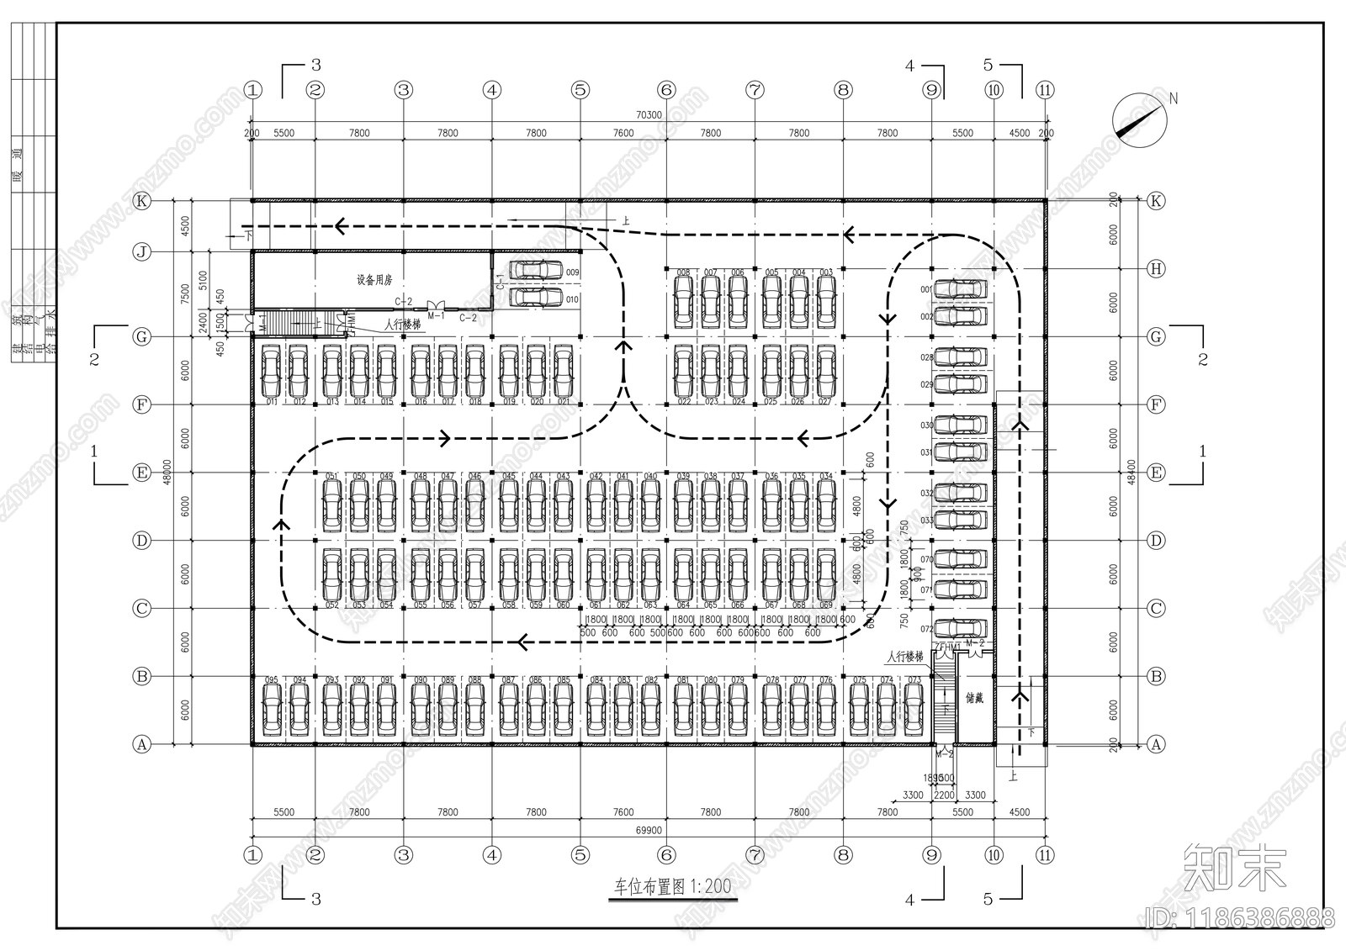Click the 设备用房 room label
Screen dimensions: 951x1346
[374, 280]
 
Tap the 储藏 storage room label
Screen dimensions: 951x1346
[974, 697]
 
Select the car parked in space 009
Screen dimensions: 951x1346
[537, 270]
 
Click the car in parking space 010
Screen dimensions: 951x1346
[537, 297]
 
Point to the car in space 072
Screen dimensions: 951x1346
[961, 628]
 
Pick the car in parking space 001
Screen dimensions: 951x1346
[961, 288]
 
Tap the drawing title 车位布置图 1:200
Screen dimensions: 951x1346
[671, 886]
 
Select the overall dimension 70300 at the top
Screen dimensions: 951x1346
[648, 115]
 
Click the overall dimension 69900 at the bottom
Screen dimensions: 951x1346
[648, 830]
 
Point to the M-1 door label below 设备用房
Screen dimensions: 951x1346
[436, 315]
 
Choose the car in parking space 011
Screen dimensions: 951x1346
[272, 371]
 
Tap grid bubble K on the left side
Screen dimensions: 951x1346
[142, 201]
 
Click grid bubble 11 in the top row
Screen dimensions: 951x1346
[1045, 90]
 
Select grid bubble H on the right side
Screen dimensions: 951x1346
[1157, 269]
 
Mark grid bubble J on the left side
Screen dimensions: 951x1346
[142, 251]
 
